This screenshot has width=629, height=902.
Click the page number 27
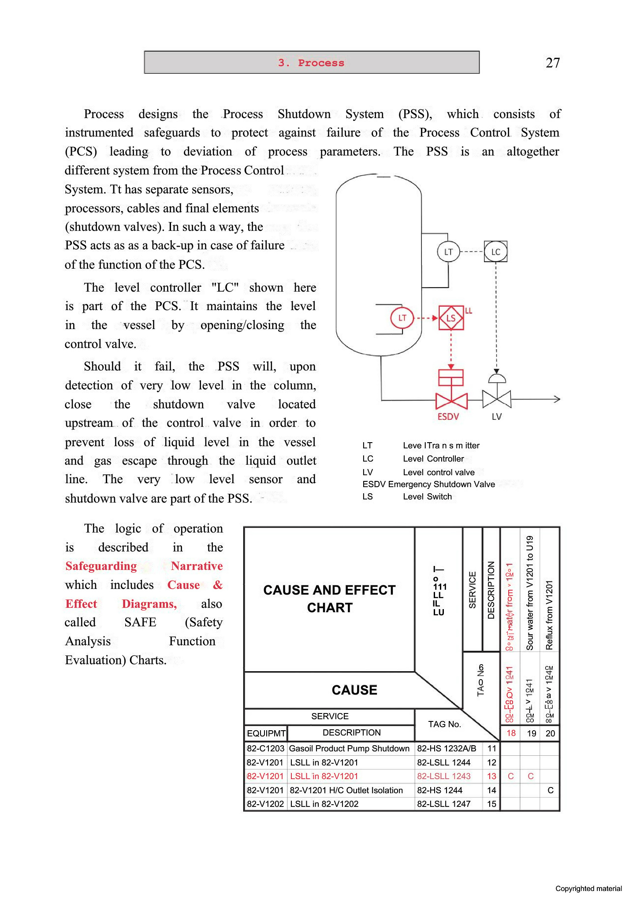click(x=552, y=63)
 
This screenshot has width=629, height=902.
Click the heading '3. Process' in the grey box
click(x=311, y=63)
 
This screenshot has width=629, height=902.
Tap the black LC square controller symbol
click(x=495, y=252)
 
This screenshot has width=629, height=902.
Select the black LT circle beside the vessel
click(x=448, y=252)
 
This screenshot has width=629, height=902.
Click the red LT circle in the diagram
click(x=402, y=318)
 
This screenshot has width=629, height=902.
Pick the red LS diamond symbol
click(x=451, y=318)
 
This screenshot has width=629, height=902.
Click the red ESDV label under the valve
click(x=448, y=416)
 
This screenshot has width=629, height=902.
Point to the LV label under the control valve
click(x=497, y=416)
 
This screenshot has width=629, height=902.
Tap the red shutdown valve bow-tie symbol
click(x=451, y=400)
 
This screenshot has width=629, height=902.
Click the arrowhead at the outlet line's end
click(x=557, y=399)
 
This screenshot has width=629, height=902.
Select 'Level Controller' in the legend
click(x=433, y=458)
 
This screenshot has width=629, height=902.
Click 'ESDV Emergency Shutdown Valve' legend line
click(x=428, y=484)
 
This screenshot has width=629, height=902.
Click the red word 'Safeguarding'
click(x=101, y=566)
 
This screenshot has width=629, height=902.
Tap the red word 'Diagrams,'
click(x=149, y=604)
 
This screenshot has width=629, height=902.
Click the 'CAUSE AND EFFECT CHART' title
click(x=329, y=599)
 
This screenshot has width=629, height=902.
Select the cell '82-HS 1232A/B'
click(x=447, y=748)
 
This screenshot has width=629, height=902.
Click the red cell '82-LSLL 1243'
click(x=444, y=776)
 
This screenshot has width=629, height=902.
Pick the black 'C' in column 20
click(x=550, y=790)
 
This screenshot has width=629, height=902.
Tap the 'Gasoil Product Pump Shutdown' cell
click(x=349, y=748)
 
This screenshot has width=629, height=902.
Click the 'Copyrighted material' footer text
click(x=588, y=888)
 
